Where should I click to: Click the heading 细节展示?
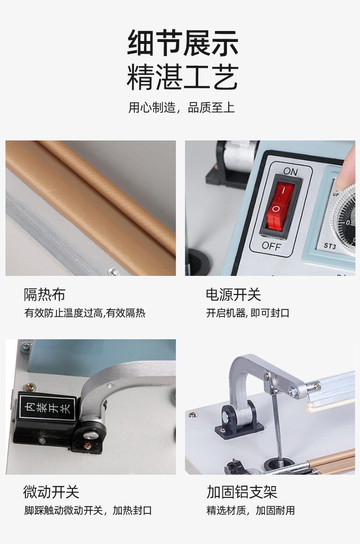coord(182,44)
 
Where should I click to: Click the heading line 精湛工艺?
coord(182,77)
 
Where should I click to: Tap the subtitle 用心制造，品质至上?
coord(181,108)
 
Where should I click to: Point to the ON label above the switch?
coord(290,171)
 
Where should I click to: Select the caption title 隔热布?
coord(44,295)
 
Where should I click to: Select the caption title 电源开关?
coord(233,295)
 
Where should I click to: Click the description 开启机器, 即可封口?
coord(247,313)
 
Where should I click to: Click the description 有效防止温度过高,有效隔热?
coord(85,313)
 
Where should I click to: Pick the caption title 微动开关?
coord(51,492)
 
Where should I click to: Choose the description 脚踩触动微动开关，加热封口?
coord(88,510)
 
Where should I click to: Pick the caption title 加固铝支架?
coord(242,492)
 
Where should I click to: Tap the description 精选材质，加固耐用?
coord(251,510)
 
